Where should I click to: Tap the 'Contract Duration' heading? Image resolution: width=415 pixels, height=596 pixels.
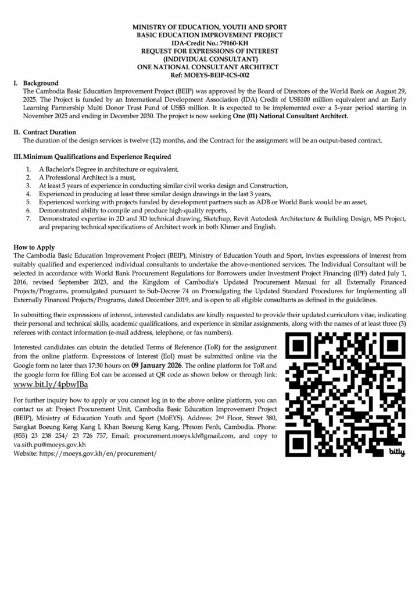click(x=52, y=132)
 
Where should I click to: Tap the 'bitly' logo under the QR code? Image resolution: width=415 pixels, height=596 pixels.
click(x=396, y=451)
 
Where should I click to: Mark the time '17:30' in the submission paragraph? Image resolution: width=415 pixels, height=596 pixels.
click(x=116, y=364)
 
